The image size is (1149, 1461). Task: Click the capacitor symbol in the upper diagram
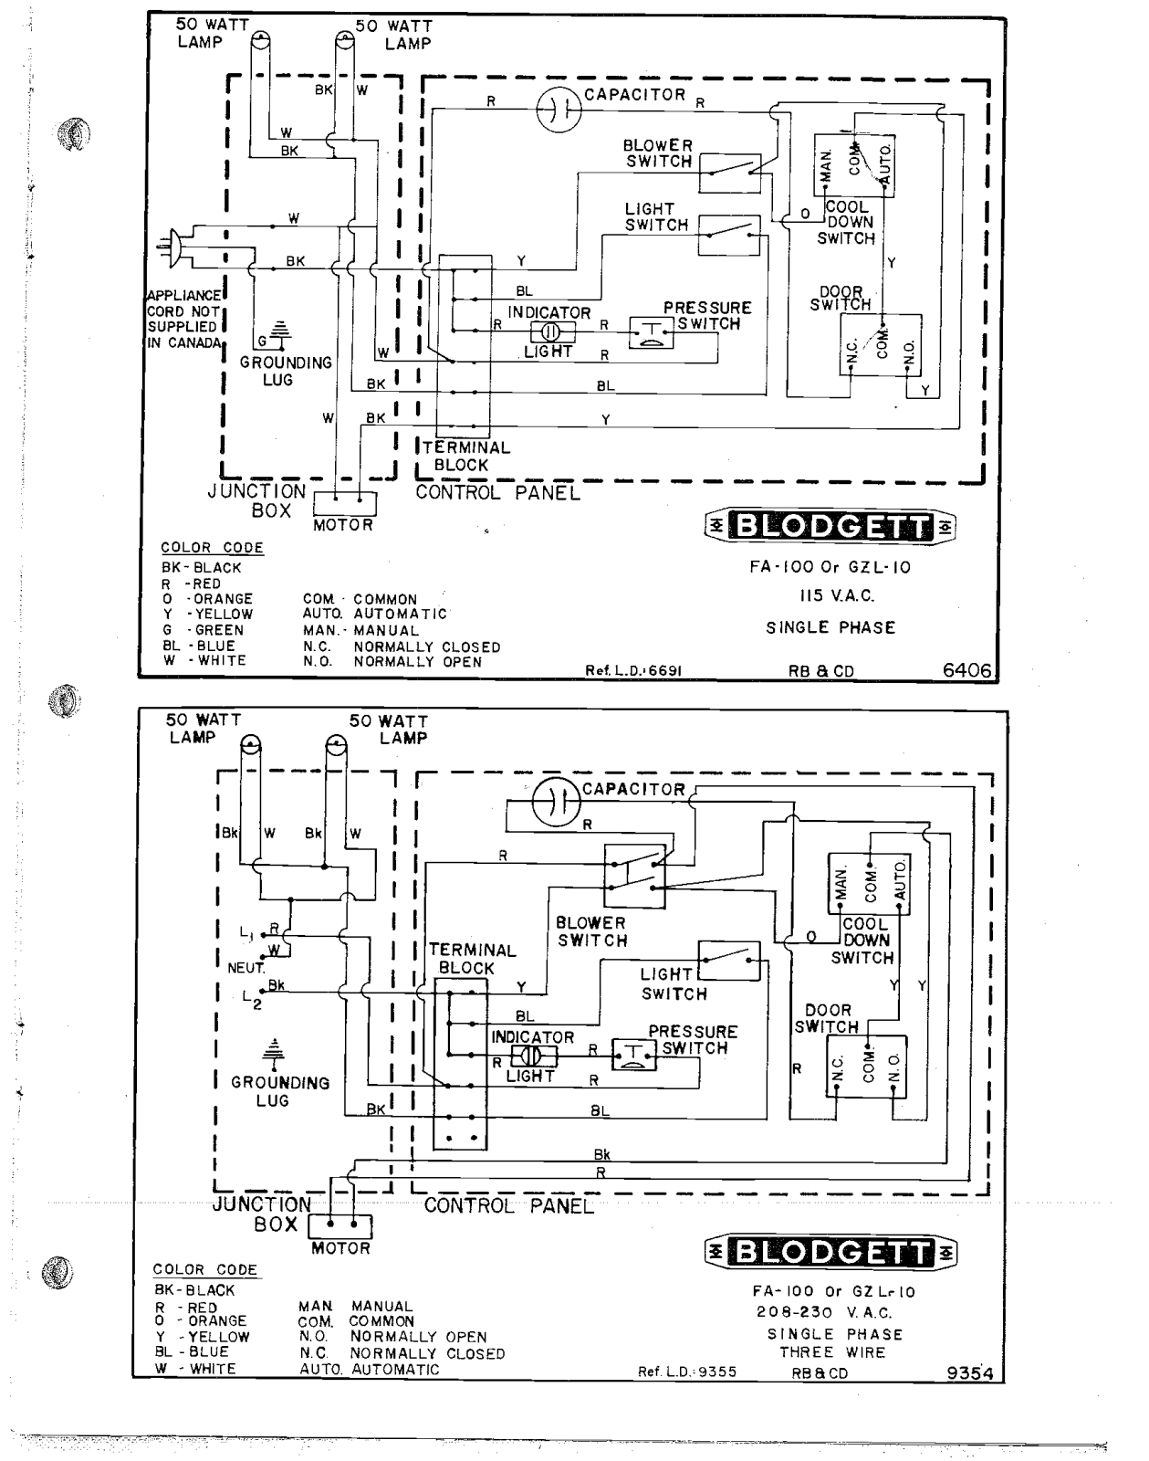coord(559,109)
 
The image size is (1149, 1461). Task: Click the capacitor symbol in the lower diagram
coord(556,803)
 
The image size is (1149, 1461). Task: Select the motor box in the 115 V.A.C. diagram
coord(345,504)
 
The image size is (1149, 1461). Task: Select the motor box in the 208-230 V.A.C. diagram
coord(340,1226)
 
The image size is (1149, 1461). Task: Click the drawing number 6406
coord(967,671)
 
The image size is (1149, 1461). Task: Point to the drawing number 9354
coord(970,1372)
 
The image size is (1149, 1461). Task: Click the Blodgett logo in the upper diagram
coord(830,526)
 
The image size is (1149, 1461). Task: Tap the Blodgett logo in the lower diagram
coord(831,1253)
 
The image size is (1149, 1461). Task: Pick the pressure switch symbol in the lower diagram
coord(634,1055)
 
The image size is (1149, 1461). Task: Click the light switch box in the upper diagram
coord(729,236)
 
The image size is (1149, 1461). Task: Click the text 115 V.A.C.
coord(836,596)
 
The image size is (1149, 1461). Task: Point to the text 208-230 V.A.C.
coord(834,1312)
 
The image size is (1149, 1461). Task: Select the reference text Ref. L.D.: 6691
coord(633,671)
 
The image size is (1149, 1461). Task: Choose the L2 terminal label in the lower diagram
coord(252,999)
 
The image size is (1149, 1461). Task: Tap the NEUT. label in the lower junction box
coord(245,968)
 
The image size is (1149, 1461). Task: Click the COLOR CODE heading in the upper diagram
coord(212,547)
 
